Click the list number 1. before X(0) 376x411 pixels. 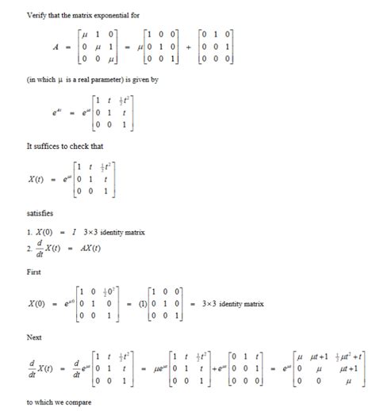pos(29,231)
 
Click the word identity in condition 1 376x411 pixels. pos(132,231)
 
